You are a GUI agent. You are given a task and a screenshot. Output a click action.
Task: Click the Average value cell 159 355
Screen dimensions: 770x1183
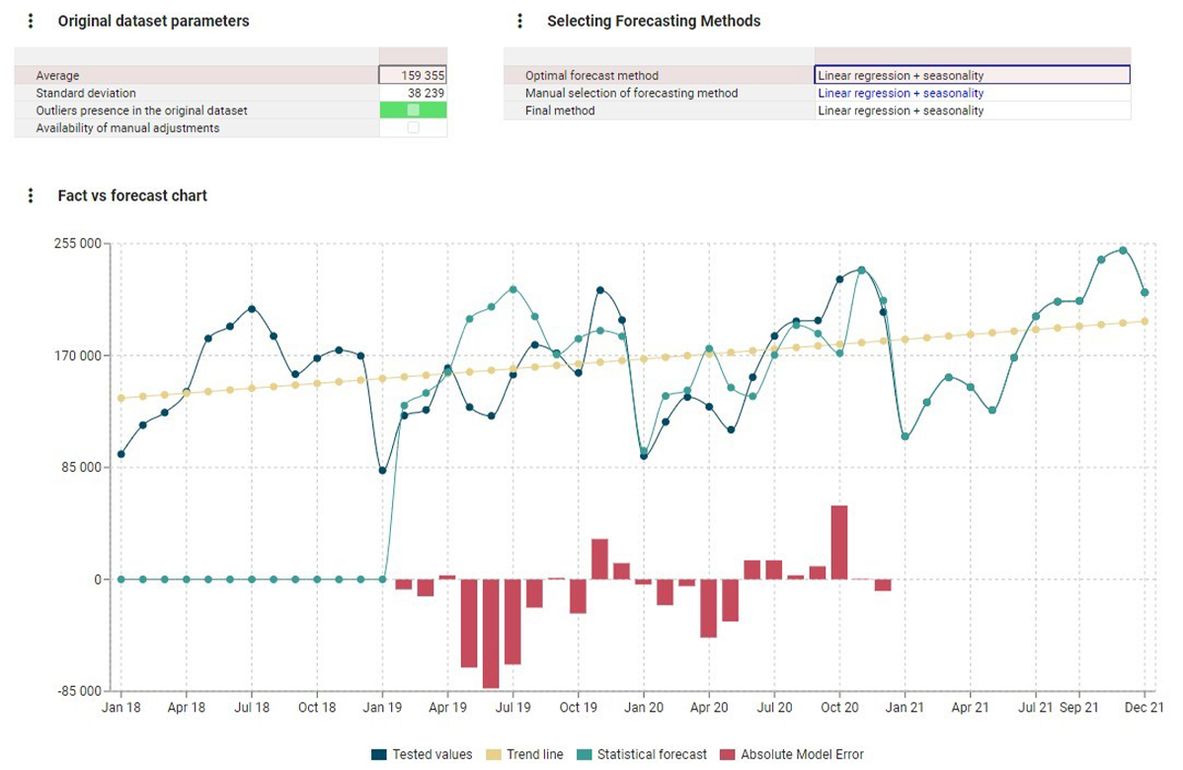pos(413,75)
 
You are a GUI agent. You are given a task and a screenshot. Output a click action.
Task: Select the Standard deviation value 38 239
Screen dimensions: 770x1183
pos(413,93)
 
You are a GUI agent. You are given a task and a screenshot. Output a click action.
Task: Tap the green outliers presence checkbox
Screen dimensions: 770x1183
pos(413,111)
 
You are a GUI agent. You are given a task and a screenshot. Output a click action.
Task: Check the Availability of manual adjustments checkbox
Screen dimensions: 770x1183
pos(413,128)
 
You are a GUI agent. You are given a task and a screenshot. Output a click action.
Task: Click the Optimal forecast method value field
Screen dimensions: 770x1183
pos(972,75)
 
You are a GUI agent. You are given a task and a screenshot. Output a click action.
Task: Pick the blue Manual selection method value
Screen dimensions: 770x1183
pos(901,93)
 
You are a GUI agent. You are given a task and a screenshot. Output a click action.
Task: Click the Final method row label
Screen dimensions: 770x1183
pos(560,111)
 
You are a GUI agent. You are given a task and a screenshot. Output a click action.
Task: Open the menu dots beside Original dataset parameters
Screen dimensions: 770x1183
pos(31,21)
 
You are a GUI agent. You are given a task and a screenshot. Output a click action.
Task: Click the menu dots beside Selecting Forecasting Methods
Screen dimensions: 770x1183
pos(520,21)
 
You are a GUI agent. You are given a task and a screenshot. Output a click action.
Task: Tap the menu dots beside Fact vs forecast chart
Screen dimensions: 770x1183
pos(31,195)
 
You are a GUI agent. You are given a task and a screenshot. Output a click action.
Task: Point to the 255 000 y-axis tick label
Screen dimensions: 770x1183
pos(78,244)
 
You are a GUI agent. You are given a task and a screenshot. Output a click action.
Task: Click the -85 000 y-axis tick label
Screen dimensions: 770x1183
pos(78,691)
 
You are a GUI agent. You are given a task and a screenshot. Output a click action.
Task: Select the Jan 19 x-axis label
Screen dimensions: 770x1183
pos(382,708)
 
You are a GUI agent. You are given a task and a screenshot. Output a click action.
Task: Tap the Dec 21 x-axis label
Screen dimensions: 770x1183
pos(1144,708)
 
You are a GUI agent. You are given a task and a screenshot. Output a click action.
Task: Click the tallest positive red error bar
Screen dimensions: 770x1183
pos(839,542)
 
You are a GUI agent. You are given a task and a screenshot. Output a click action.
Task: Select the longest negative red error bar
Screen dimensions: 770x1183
pos(491,633)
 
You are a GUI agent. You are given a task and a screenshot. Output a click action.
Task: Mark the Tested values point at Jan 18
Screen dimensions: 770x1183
pos(121,454)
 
